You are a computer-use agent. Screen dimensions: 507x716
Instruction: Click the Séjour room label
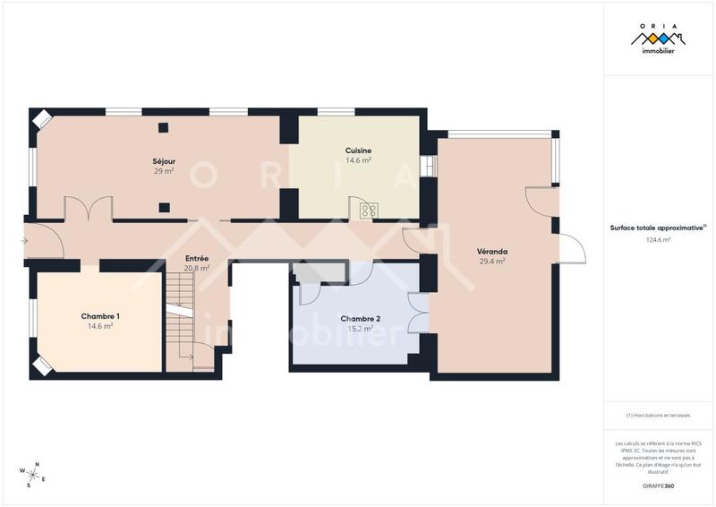coord(163,160)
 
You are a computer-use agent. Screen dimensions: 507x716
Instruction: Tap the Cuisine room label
coord(358,150)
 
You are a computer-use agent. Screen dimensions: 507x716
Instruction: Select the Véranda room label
coord(492,252)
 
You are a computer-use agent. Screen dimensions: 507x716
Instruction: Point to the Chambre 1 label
coord(100,316)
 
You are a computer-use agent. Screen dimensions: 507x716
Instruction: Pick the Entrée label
coord(197,258)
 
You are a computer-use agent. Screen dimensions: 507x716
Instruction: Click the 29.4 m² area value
coord(492,262)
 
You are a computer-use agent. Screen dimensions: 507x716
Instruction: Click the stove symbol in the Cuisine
coord(368,211)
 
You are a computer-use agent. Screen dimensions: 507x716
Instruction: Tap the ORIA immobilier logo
coord(658,40)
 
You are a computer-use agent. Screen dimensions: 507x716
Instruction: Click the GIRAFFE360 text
coord(658,485)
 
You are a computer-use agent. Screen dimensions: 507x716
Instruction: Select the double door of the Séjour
coord(88,209)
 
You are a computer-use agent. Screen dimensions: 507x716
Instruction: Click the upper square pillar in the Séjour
coord(164,126)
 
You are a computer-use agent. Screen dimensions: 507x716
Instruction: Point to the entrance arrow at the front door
coord(25,240)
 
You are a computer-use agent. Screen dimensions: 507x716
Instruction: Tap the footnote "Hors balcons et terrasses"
coord(658,416)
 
